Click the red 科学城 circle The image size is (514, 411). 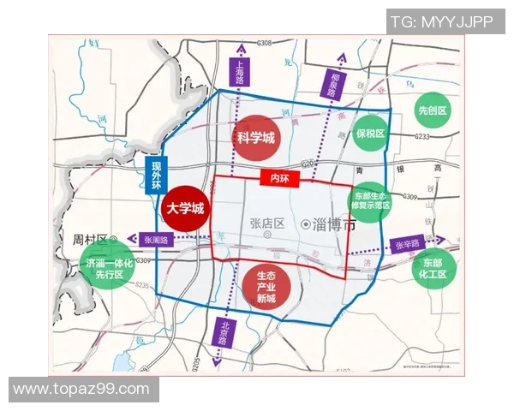(254, 137)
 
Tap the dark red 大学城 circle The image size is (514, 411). (185, 208)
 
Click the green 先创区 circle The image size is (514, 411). (433, 111)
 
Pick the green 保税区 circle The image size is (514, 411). (370, 134)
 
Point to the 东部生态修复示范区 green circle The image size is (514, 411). (370, 201)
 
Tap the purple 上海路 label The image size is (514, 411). (240, 84)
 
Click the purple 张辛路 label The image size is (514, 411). (406, 245)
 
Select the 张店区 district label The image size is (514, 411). (266, 223)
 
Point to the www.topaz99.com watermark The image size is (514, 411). (80, 390)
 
